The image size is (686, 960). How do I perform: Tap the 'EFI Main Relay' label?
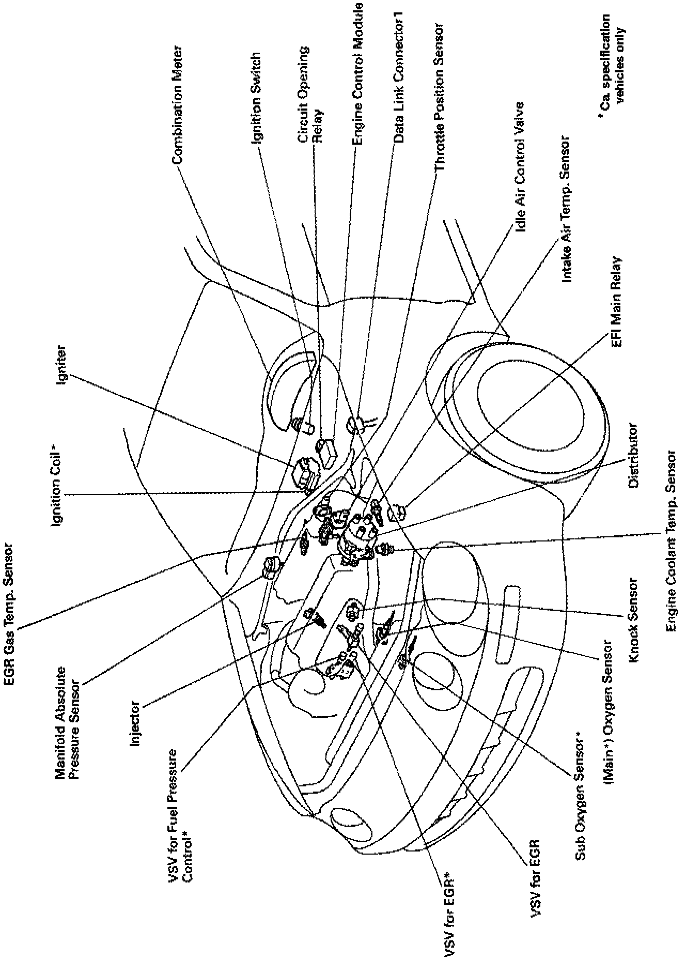pos(617,302)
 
